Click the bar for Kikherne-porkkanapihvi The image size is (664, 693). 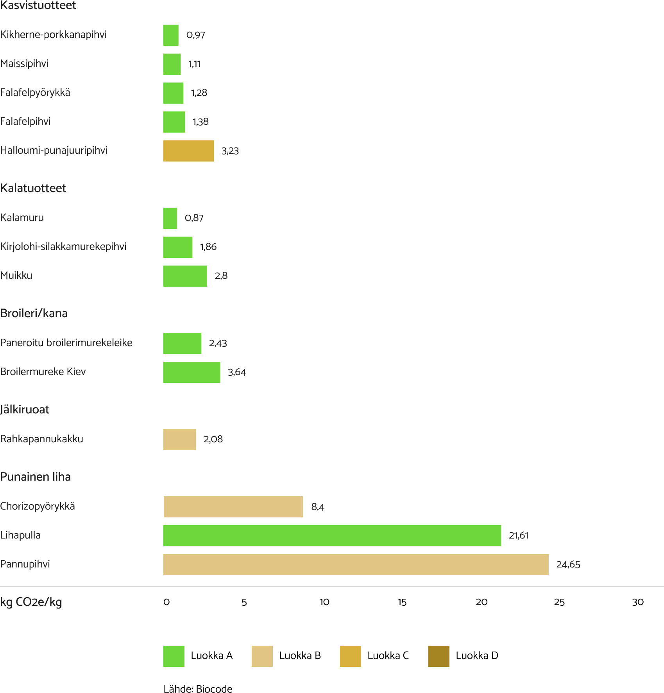tap(171, 35)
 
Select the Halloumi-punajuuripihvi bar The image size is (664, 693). tap(188, 151)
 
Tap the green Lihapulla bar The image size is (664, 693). tap(332, 536)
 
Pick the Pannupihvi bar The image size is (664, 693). tap(356, 565)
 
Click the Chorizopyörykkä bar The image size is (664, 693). tap(233, 507)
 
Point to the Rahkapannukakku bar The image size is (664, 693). tap(179, 440)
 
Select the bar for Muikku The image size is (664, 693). tap(185, 276)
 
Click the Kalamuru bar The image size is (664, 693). tap(170, 218)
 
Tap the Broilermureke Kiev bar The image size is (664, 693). tap(192, 372)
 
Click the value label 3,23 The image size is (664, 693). tap(230, 151)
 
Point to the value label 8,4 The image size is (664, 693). tap(317, 507)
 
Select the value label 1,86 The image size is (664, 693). tap(208, 247)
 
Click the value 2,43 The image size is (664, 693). tap(218, 343)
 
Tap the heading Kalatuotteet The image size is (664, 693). tap(33, 189)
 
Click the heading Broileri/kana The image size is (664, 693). tap(34, 314)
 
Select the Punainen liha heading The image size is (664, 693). tap(36, 477)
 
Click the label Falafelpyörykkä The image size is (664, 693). tap(35, 93)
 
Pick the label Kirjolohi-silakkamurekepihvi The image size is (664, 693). tap(63, 247)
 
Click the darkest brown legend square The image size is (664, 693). tap(438, 656)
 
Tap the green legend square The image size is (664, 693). tap(174, 656)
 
